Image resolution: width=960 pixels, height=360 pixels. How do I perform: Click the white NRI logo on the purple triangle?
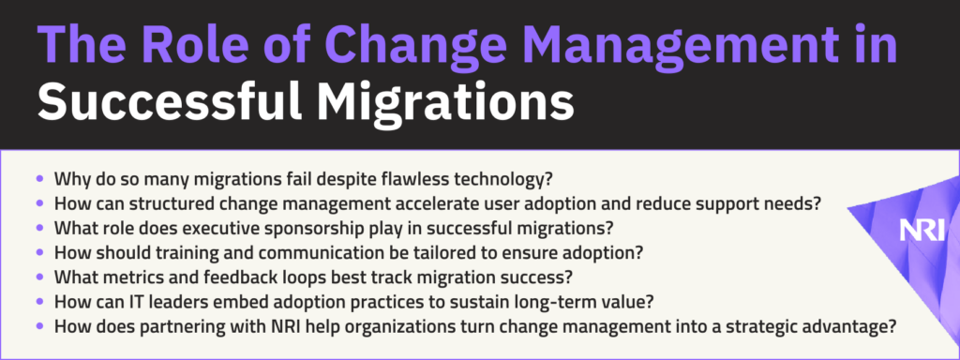[922, 231]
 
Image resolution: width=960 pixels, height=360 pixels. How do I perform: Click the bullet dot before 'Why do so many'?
[40, 180]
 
